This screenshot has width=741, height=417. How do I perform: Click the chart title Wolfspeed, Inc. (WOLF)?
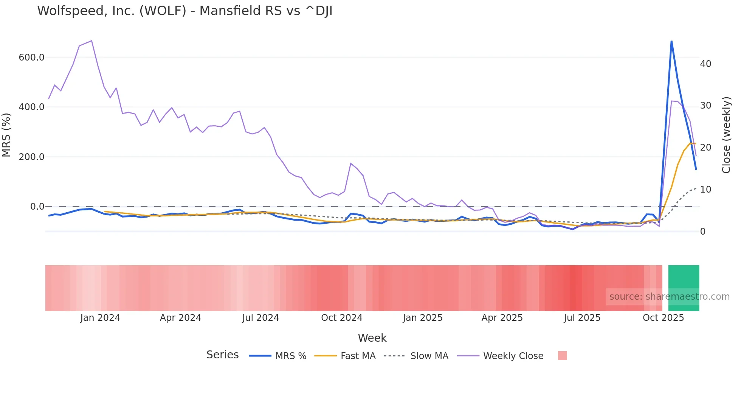184,11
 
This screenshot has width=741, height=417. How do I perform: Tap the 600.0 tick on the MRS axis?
31,58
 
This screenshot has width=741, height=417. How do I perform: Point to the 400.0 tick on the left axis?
31,107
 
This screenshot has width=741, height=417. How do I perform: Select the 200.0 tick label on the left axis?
31,157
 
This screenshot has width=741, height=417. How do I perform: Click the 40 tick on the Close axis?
705,64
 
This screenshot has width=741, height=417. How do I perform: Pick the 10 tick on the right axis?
705,190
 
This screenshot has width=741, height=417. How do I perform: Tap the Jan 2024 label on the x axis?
100,318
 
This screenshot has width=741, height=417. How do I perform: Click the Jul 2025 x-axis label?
582,318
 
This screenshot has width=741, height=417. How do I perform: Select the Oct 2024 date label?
341,318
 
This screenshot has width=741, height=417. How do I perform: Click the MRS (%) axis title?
6,135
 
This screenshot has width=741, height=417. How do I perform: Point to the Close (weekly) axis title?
726,135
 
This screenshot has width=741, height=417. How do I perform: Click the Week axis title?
372,338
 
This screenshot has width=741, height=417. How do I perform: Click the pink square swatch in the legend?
562,356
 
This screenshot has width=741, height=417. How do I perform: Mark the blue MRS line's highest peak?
671,41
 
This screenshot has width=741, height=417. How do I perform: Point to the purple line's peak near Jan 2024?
91,41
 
